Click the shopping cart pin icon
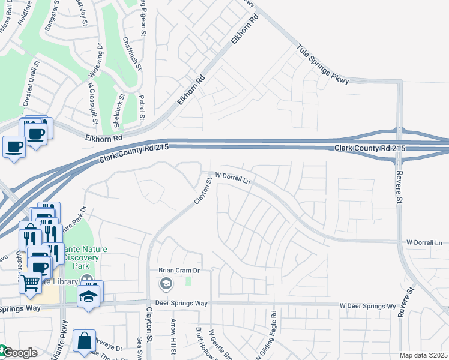tap(29, 282)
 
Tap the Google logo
tap(19, 353)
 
